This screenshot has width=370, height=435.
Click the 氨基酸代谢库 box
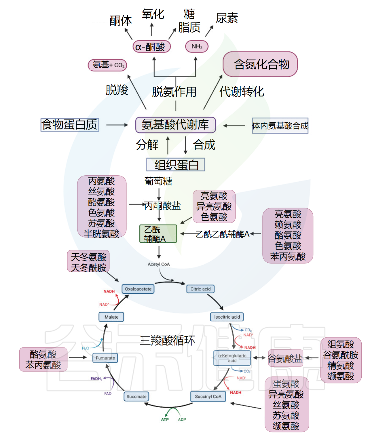coord(175,125)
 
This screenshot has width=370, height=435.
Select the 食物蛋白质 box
coord(70,125)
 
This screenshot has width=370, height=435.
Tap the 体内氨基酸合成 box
coord(280,126)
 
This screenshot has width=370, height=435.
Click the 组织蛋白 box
coord(176,165)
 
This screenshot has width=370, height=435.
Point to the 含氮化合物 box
coord(260,64)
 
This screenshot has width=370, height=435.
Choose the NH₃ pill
coord(197,46)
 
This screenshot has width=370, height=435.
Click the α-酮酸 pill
coord(151,47)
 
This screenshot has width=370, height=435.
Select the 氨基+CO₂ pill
coord(107,65)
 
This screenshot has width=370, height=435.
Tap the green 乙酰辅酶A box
coord(158,234)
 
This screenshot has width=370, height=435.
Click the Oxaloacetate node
coord(138,289)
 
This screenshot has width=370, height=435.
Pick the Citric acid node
coord(200,289)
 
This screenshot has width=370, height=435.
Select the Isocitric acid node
coord(227,317)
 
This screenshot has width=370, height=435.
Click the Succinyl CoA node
coord(208,396)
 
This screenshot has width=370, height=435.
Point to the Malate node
coord(111,317)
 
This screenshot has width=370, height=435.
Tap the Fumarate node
coord(105,358)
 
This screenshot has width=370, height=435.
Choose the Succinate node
coord(136,396)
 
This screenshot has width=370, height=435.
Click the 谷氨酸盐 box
coord(285,358)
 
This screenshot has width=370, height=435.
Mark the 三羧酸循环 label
coord(167,341)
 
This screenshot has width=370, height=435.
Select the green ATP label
coord(165,419)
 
